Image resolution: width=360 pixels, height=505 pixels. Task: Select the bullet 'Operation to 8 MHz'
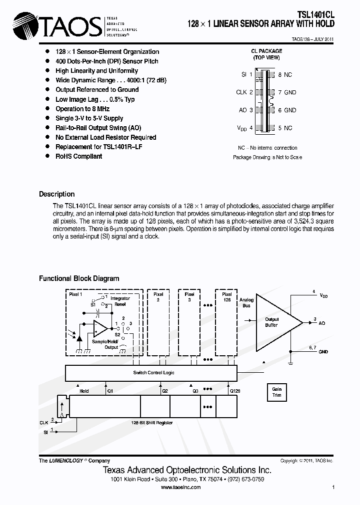pos(82,109)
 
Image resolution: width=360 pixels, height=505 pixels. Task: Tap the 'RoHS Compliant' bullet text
pos(78,156)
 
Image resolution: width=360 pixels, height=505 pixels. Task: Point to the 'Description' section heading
pos(56,194)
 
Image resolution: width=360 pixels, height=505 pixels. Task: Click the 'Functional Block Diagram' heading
pos(79,278)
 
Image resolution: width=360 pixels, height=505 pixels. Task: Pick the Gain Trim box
pos(276,392)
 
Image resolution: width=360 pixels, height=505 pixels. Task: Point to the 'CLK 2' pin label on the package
pos(244,92)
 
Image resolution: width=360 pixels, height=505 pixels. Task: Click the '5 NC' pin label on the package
pos(285,128)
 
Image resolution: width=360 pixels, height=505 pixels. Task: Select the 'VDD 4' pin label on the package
pos(244,128)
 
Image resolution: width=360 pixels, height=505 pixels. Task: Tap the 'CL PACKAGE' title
pos(266,51)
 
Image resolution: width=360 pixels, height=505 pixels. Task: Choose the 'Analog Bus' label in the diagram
pos(246,302)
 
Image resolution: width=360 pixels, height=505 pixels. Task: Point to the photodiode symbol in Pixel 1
pos(79,337)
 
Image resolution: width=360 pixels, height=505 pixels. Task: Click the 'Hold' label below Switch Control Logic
pos(84,391)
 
